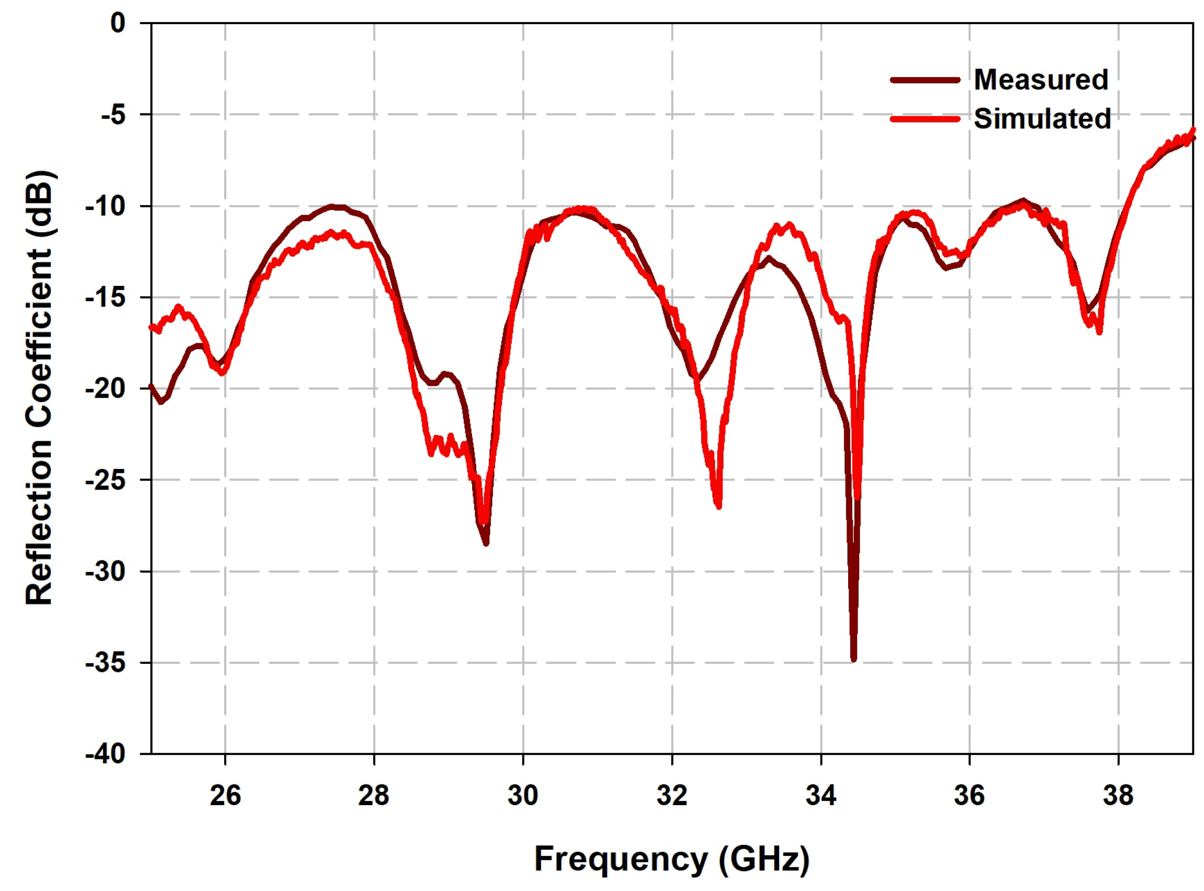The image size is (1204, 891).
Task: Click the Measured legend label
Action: [1041, 80]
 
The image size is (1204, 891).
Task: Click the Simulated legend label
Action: [1042, 119]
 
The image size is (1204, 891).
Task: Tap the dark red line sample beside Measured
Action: [925, 80]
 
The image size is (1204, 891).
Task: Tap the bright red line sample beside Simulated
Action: [925, 119]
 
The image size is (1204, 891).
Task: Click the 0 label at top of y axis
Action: [118, 23]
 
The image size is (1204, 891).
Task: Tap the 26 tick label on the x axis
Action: [225, 796]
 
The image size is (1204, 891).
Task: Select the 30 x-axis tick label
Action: [523, 796]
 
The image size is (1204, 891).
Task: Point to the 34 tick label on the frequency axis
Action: [820, 796]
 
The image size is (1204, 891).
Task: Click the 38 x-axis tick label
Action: [1118, 796]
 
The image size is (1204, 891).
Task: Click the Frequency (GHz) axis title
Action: [672, 859]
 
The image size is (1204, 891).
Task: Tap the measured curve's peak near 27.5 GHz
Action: [334, 206]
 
